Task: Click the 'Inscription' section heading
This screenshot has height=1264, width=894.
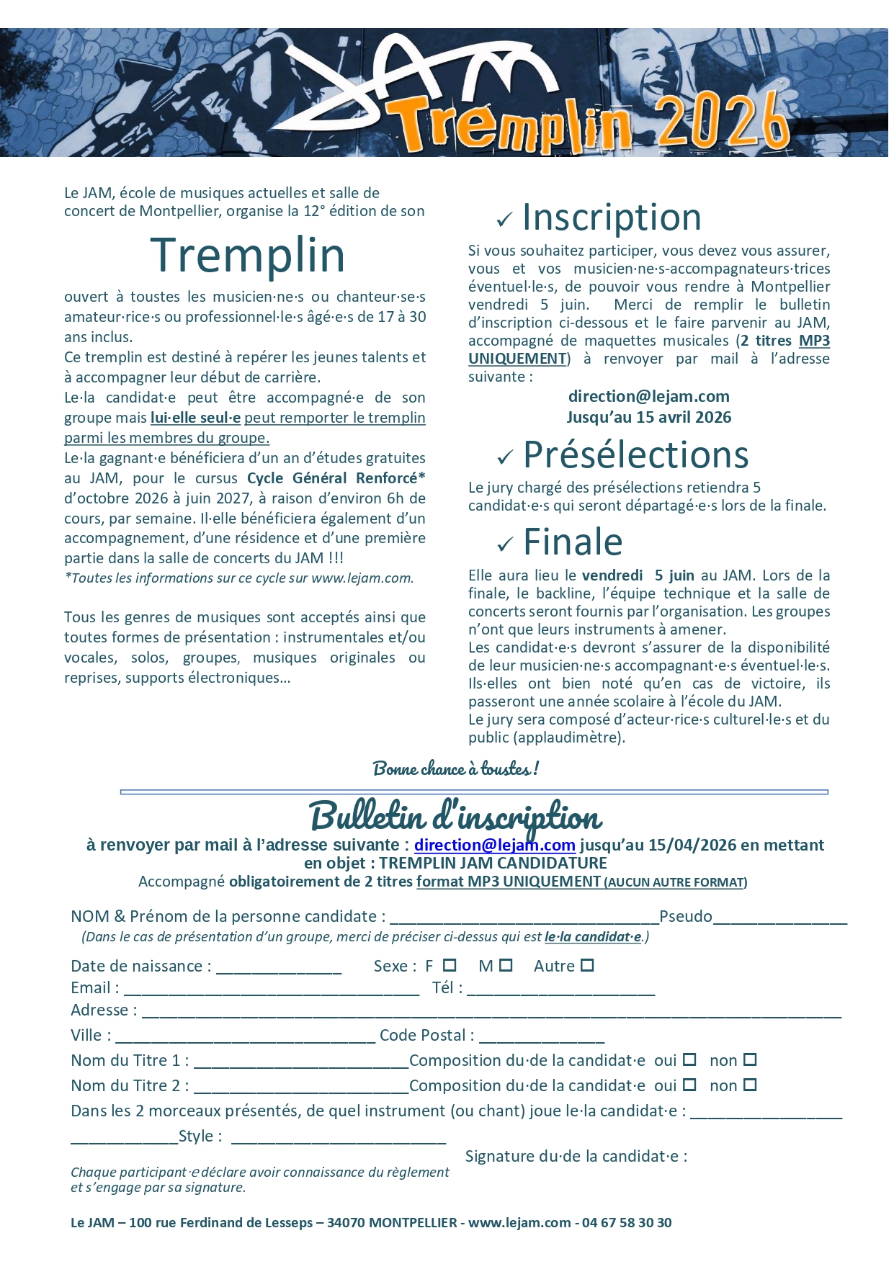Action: coord(612,218)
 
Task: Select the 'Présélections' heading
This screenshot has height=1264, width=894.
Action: coord(635,455)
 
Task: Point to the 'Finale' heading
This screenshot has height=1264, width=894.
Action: coord(573,542)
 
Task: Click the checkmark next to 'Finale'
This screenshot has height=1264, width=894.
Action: coord(505,544)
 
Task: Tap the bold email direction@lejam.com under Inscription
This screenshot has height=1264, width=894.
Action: coord(648,396)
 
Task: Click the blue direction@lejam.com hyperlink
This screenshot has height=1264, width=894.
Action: coord(494,845)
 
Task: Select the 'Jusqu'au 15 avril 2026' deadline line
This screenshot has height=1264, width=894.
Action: coord(648,417)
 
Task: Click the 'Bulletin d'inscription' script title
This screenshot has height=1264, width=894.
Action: coord(455,817)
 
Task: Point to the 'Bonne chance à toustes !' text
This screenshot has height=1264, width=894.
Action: coord(455,769)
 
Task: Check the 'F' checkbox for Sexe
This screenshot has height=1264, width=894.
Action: coord(450,965)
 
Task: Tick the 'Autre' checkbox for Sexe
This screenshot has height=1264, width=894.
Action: coord(587,965)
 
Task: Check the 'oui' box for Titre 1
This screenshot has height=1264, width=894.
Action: coord(689,1059)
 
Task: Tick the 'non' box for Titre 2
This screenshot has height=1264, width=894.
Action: coord(750,1085)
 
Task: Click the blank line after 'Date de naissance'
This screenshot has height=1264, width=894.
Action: coord(278,968)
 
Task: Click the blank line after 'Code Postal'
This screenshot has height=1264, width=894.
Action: coord(541,1037)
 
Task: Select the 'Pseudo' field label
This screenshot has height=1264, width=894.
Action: coord(685,916)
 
